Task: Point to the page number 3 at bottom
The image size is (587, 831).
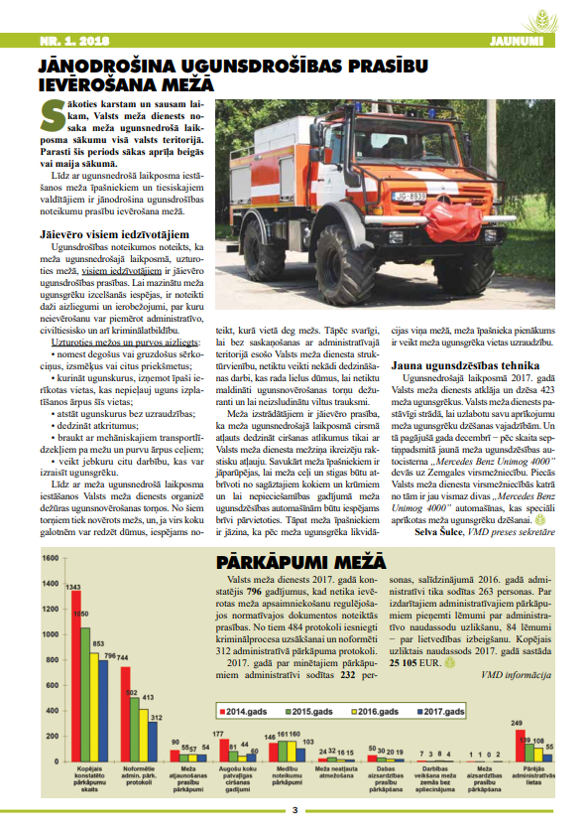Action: pyautogui.click(x=293, y=810)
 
